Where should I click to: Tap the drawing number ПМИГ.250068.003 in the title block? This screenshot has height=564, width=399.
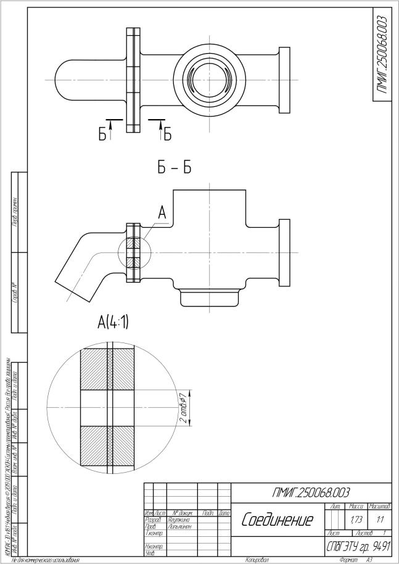311,492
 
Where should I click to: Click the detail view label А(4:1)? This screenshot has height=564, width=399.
113,321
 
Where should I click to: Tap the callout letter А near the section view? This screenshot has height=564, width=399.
162,213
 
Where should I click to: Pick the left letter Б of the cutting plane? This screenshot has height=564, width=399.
102,134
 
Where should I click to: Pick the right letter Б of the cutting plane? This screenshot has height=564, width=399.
167,134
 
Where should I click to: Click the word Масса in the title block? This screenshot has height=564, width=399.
356,506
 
